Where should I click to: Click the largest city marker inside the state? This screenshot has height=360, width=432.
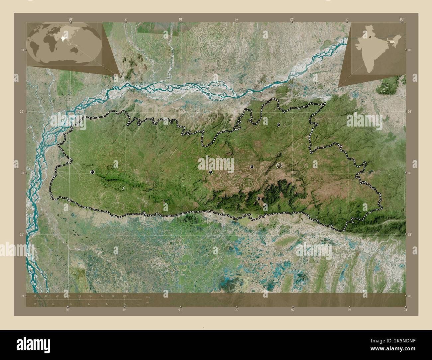[279, 165]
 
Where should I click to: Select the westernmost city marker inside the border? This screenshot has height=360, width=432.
[92, 172]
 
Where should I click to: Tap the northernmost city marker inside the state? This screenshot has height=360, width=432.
[278, 125]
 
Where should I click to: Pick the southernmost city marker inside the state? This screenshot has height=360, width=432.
[259, 199]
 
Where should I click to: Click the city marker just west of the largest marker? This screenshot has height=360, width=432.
[252, 167]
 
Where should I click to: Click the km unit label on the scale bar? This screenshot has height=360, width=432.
[148, 297]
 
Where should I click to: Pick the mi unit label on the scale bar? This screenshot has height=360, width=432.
[147, 303]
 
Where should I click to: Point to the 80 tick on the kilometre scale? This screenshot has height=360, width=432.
[124, 296]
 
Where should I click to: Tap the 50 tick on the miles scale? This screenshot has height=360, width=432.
[125, 304]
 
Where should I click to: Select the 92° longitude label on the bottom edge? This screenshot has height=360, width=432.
[292, 310]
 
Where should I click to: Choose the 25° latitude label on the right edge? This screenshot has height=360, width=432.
[409, 234]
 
